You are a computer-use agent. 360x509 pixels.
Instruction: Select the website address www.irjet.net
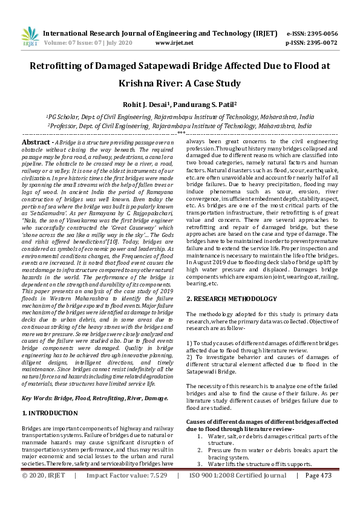pos(174,43)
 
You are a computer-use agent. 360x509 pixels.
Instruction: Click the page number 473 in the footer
pos(327,492)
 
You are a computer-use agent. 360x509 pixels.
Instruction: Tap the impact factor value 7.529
pos(156,492)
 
